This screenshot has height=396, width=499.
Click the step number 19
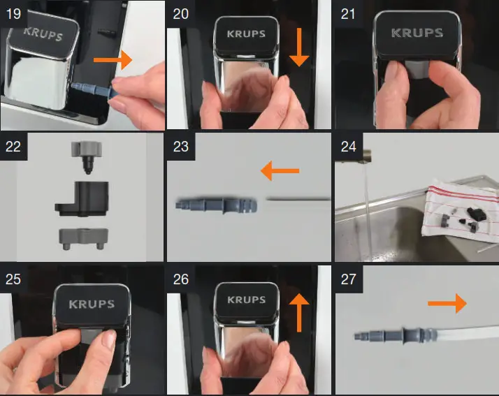pyautogui.click(x=13, y=13)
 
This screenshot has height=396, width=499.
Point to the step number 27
pyautogui.click(x=347, y=279)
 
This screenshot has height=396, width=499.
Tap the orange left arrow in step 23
pyautogui.click(x=279, y=170)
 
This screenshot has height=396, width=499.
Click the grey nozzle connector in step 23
pyautogui.click(x=217, y=205)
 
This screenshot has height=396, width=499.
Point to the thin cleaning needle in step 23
pyautogui.click(x=297, y=200)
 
